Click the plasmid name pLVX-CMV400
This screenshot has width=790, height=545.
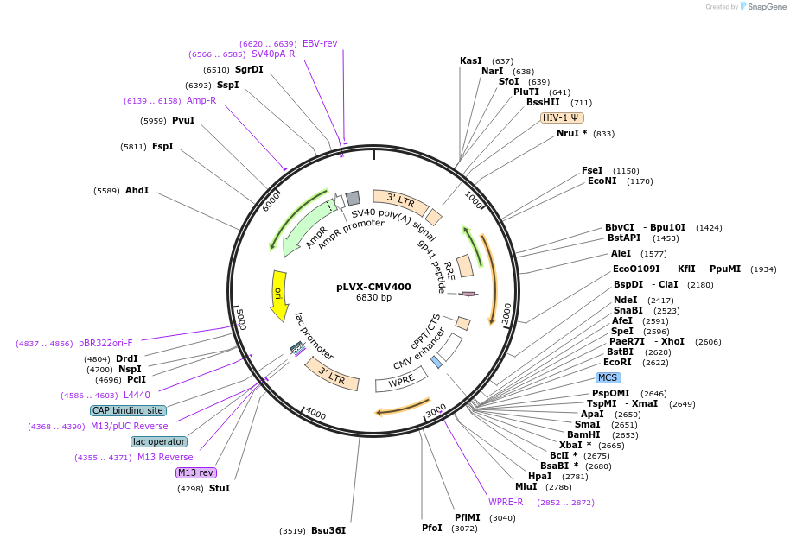[373, 287]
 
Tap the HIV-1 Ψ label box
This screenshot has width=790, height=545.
[562, 117]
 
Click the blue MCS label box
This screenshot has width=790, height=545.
[608, 377]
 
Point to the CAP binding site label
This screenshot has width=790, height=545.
[128, 410]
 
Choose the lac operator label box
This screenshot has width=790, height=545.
[159, 441]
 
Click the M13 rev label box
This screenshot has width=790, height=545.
[195, 472]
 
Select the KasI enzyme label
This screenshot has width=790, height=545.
[471, 60]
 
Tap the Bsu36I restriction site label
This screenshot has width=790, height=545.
[328, 530]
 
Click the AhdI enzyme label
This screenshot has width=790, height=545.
[137, 190]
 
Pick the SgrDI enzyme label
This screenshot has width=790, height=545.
[249, 69]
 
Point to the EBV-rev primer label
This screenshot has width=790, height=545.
[320, 43]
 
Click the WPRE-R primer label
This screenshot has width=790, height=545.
[506, 502]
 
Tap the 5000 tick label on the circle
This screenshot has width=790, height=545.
[241, 319]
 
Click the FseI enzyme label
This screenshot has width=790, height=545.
[592, 170]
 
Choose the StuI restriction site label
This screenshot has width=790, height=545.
[219, 488]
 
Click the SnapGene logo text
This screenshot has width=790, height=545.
[767, 7]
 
